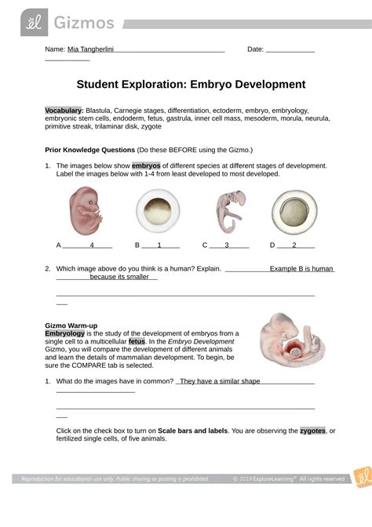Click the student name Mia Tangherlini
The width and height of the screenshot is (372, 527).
pyautogui.click(x=91, y=49)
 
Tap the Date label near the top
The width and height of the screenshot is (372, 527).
pyautogui.click(x=255, y=49)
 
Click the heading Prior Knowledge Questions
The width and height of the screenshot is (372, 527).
pyautogui.click(x=89, y=149)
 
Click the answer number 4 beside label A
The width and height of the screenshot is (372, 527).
pyautogui.click(x=92, y=245)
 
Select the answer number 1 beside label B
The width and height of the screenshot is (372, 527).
pyautogui.click(x=159, y=245)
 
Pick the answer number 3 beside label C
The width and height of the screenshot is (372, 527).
pyautogui.click(x=226, y=245)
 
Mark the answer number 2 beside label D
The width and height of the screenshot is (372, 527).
pyautogui.click(x=293, y=245)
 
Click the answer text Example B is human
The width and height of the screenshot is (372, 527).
pyautogui.click(x=301, y=268)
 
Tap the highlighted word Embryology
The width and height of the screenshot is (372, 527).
pyautogui.click(x=68, y=334)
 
